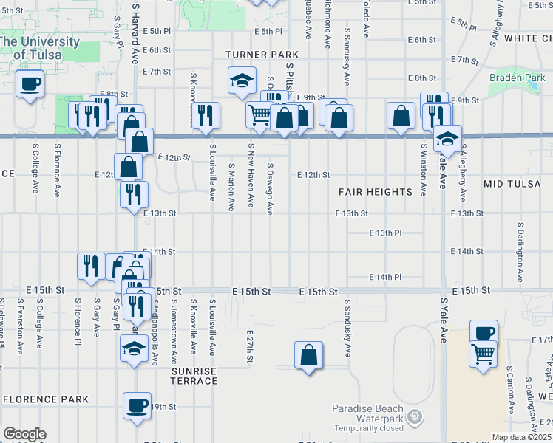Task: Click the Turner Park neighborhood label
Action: pyautogui.click(x=262, y=55)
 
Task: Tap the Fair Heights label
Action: pyautogui.click(x=376, y=192)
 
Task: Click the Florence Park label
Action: pyautogui.click(x=46, y=399)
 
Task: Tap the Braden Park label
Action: pyautogui.click(x=517, y=77)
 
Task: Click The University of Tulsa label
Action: pyautogui.click(x=40, y=48)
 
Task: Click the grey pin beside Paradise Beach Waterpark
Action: pyautogui.click(x=415, y=418)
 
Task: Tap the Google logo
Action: pyautogui.click(x=24, y=434)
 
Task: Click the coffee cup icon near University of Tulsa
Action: pyautogui.click(x=30, y=83)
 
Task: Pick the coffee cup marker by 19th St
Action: pyautogui.click(x=137, y=404)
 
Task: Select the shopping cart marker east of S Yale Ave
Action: pyautogui.click(x=483, y=354)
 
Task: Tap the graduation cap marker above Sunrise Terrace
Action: pyautogui.click(x=134, y=347)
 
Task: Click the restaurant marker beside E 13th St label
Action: pyautogui.click(x=134, y=195)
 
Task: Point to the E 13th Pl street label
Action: pyautogui.click(x=385, y=233)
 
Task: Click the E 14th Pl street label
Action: pyautogui.click(x=385, y=277)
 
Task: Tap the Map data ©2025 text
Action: pyautogui.click(x=521, y=437)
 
